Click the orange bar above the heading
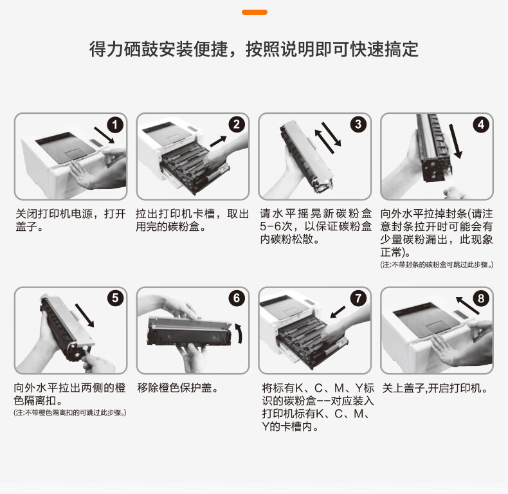[255, 12]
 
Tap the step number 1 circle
[115, 125]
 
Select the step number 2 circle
[237, 125]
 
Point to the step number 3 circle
[358, 124]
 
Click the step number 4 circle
[481, 125]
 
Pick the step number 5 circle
[115, 298]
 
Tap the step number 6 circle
[237, 298]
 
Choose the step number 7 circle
[358, 298]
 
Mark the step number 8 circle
[481, 298]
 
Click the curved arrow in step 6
[240, 333]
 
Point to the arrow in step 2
[218, 142]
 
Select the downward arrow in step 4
[455, 141]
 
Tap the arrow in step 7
[338, 312]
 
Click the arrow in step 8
[467, 306]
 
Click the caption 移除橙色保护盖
[178, 388]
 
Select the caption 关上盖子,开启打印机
[435, 388]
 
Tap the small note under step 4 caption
[437, 265]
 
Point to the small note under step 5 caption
[70, 413]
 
